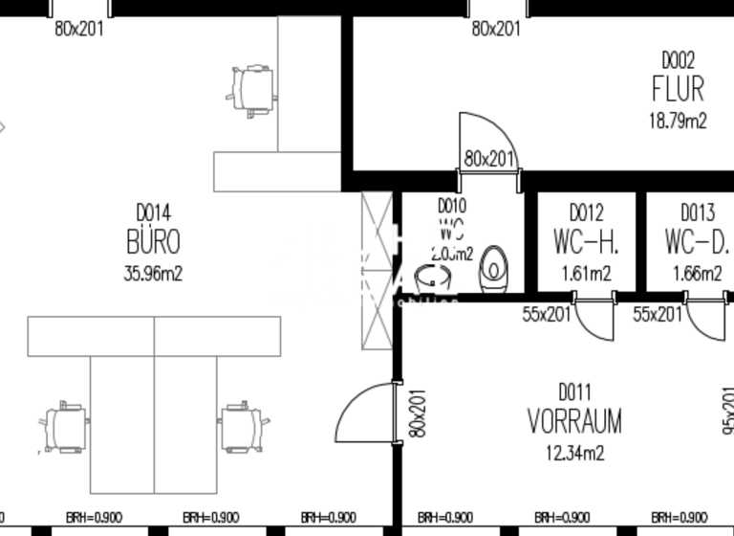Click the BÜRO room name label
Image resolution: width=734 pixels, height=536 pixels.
coord(153,240)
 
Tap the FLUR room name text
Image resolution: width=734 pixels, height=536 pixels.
coord(678,89)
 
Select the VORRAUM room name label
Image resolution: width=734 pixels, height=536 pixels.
coord(574,420)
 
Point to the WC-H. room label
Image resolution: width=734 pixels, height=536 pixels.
coord(586,241)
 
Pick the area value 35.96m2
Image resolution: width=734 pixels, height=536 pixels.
coord(153,273)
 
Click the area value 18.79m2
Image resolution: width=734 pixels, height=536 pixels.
coord(678,121)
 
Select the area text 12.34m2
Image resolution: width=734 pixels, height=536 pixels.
coord(574,452)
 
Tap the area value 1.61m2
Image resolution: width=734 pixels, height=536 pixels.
coord(586,274)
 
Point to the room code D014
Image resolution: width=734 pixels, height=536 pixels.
coord(153,212)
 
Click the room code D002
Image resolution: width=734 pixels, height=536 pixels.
coord(678,60)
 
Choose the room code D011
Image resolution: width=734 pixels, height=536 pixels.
coord(574,391)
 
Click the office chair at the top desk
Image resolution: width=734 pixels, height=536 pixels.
coord(253,87)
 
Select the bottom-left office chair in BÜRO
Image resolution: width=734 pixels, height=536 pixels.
coord(66,427)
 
